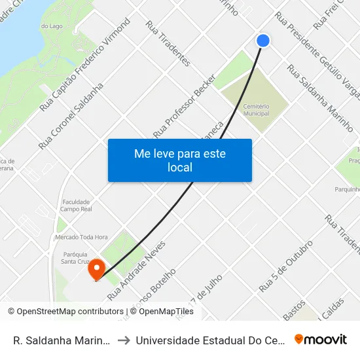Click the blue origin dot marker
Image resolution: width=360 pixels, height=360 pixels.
coord(263,41)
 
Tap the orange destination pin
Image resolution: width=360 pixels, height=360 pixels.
coord(97,268)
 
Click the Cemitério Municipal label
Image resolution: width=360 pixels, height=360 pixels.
coord(255,109)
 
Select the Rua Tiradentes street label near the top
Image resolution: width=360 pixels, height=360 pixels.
coord(168,44)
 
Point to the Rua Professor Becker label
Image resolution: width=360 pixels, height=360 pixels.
coord(185,105)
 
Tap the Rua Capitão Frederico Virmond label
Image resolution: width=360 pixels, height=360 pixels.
coord(85,63)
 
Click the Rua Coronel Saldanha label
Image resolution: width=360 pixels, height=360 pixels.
coord(71,116)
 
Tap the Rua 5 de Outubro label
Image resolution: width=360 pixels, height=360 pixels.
coord(286,266)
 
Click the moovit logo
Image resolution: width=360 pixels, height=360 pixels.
coord(320,339)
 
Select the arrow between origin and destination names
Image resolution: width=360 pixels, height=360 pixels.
coord(123,340)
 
